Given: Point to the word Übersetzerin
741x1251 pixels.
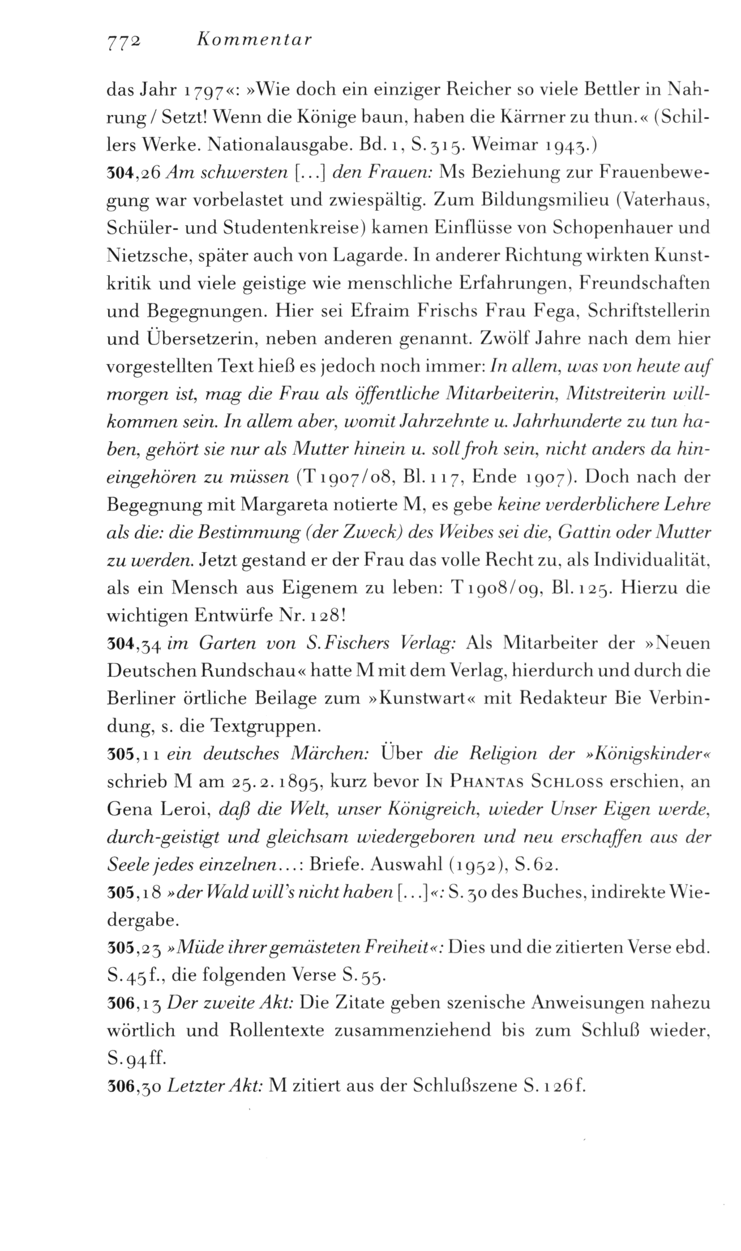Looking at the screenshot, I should point(186,339).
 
